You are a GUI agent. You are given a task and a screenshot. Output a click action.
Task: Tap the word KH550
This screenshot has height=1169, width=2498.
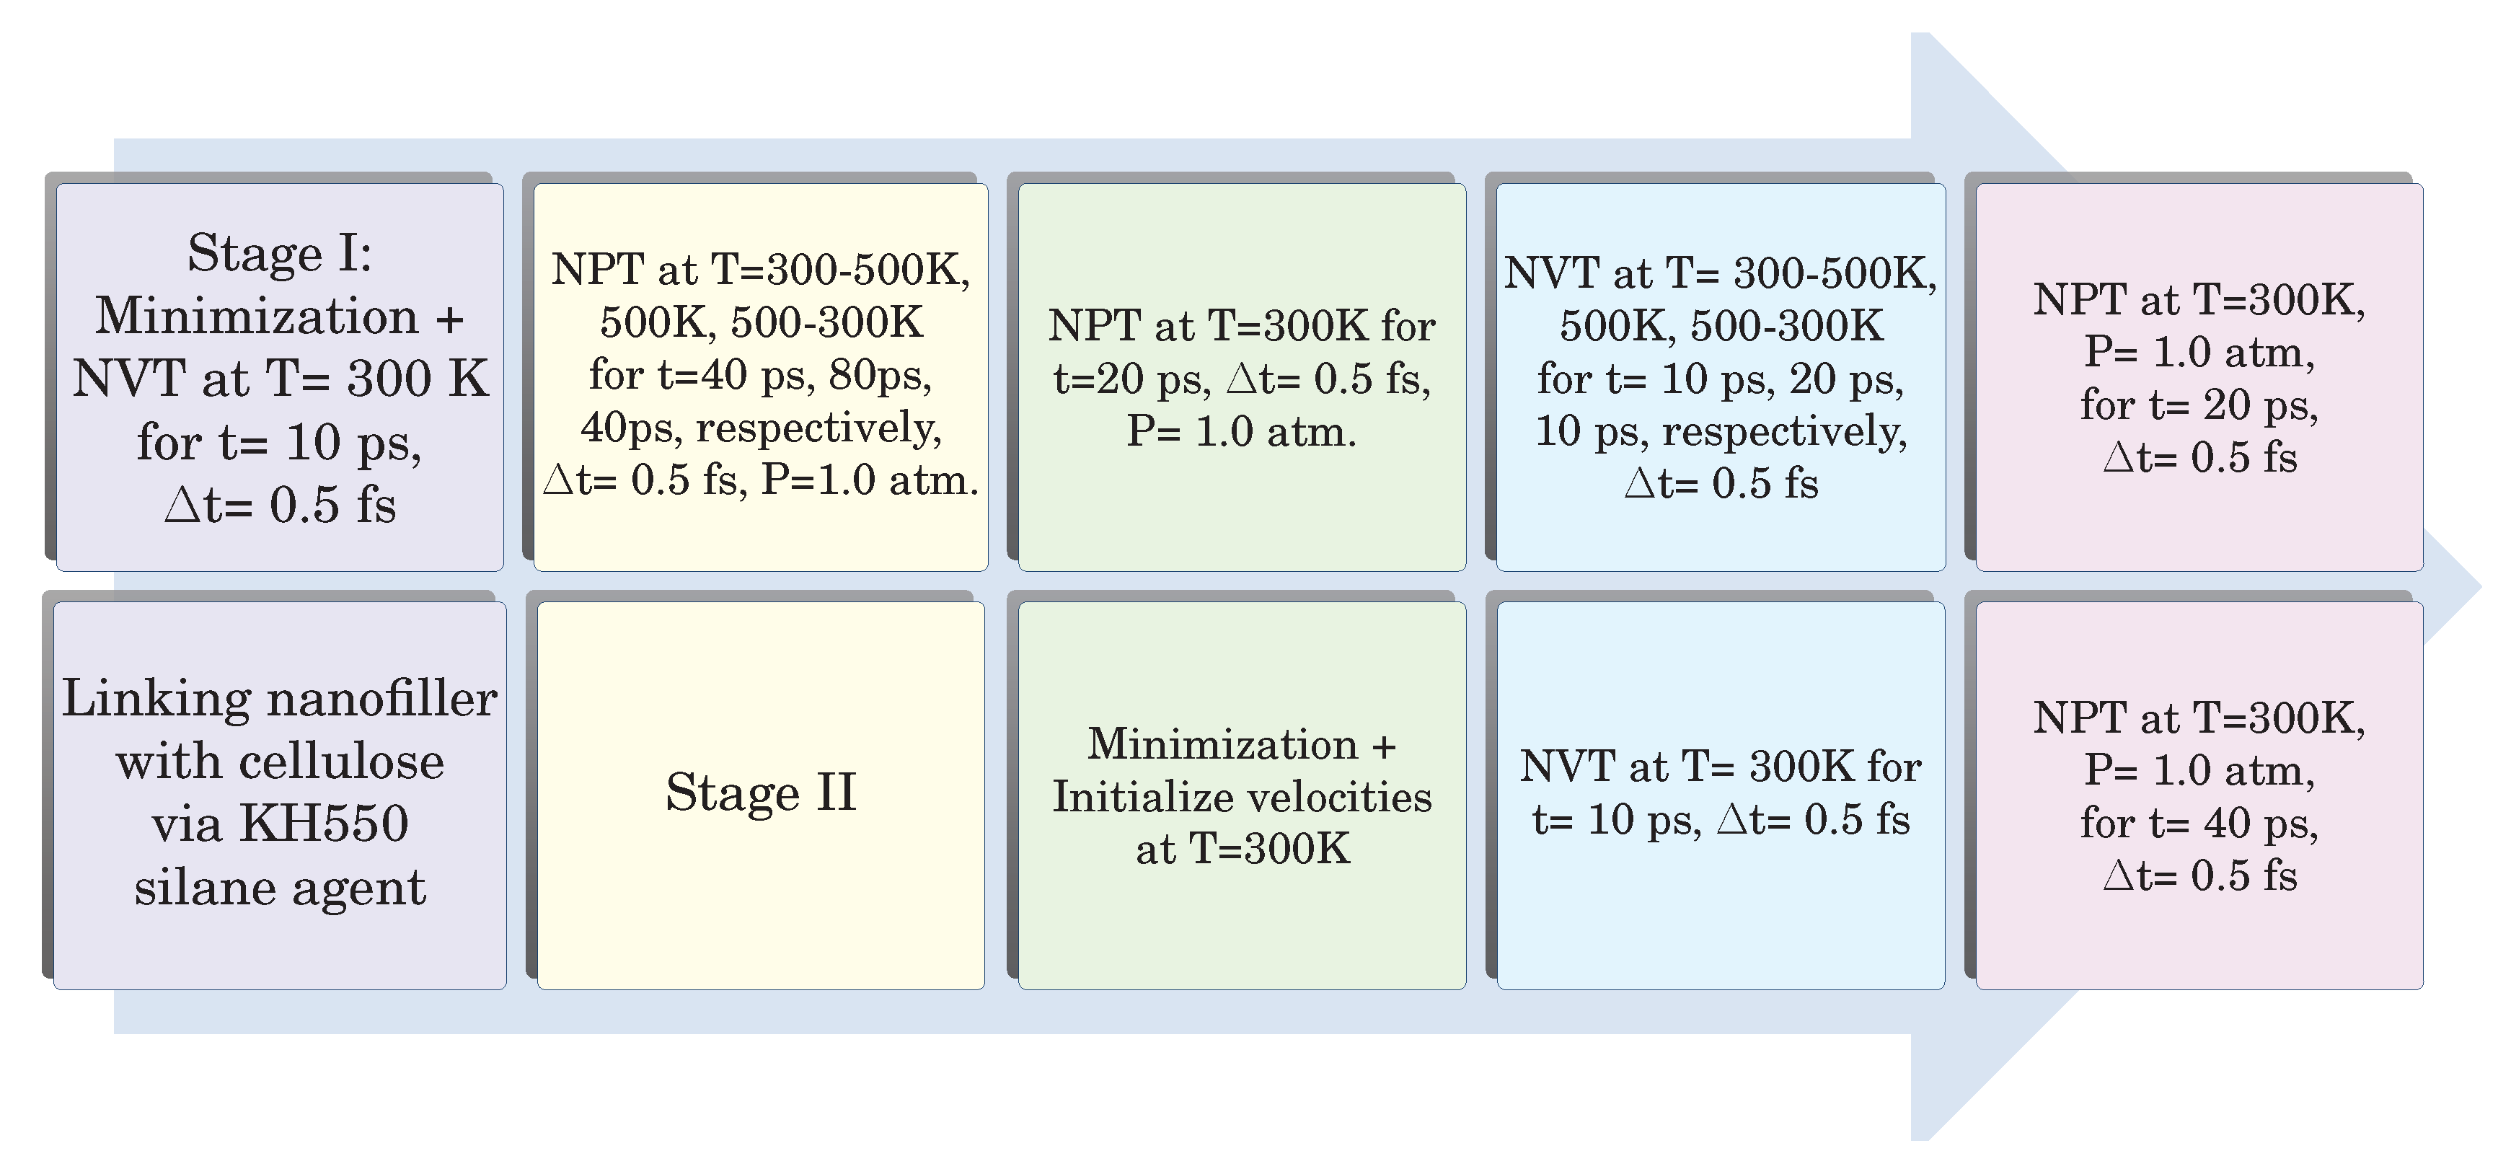point(324,824)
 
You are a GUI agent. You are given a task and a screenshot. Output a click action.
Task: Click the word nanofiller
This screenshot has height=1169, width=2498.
point(381,699)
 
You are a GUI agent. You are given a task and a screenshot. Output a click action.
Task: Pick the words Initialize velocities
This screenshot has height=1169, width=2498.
point(1243,798)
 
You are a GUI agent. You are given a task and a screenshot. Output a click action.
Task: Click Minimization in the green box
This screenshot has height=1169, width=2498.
point(1222,745)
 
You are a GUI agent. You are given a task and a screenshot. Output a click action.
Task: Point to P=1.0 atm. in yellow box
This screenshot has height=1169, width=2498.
point(870,480)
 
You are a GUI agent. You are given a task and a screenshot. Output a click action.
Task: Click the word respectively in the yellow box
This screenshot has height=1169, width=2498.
point(818,428)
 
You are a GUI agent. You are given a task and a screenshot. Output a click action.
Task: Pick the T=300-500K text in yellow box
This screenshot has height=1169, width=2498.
point(840,270)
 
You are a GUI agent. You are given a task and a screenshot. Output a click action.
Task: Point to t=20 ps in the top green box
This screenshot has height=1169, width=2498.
point(1131,379)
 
